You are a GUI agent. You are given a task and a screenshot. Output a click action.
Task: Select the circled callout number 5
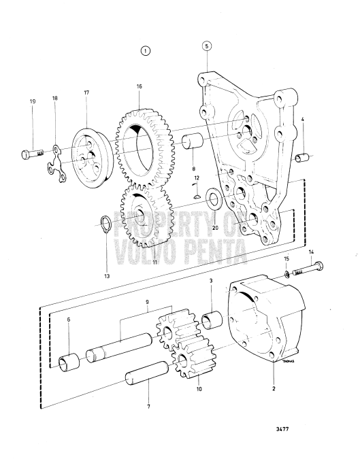pos(207,46)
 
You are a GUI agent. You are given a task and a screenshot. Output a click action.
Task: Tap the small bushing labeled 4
pos(303,159)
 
